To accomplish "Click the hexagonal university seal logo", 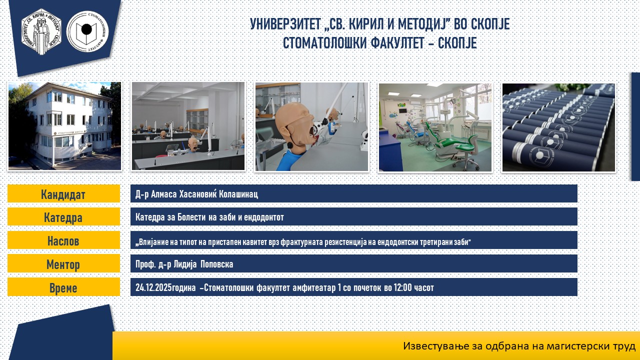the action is [x=41, y=31].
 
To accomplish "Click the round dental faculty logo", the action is [x=87, y=31].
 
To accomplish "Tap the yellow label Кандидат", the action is [x=63, y=193].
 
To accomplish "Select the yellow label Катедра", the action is [x=63, y=217].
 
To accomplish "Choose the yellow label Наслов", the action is [x=63, y=240].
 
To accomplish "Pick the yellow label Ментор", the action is [x=63, y=263].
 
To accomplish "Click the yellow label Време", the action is [x=63, y=287].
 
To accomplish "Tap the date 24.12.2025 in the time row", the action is [x=153, y=287].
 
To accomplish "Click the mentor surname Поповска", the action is [x=217, y=264].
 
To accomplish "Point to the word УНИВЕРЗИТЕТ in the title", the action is [x=285, y=24].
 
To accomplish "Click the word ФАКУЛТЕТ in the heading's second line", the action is [x=397, y=43].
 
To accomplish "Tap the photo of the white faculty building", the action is [x=64, y=126].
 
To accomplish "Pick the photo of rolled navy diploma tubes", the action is [x=558, y=127].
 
